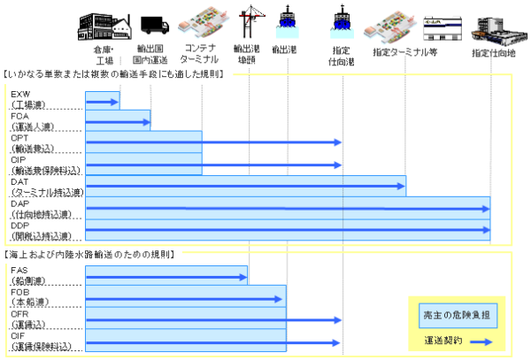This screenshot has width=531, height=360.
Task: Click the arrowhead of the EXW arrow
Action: [x=116, y=103]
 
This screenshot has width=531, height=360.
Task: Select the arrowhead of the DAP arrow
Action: [x=487, y=209]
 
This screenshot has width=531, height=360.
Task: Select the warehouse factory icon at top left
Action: [x=103, y=22]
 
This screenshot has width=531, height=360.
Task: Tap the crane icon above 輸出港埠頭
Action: [x=249, y=24]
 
